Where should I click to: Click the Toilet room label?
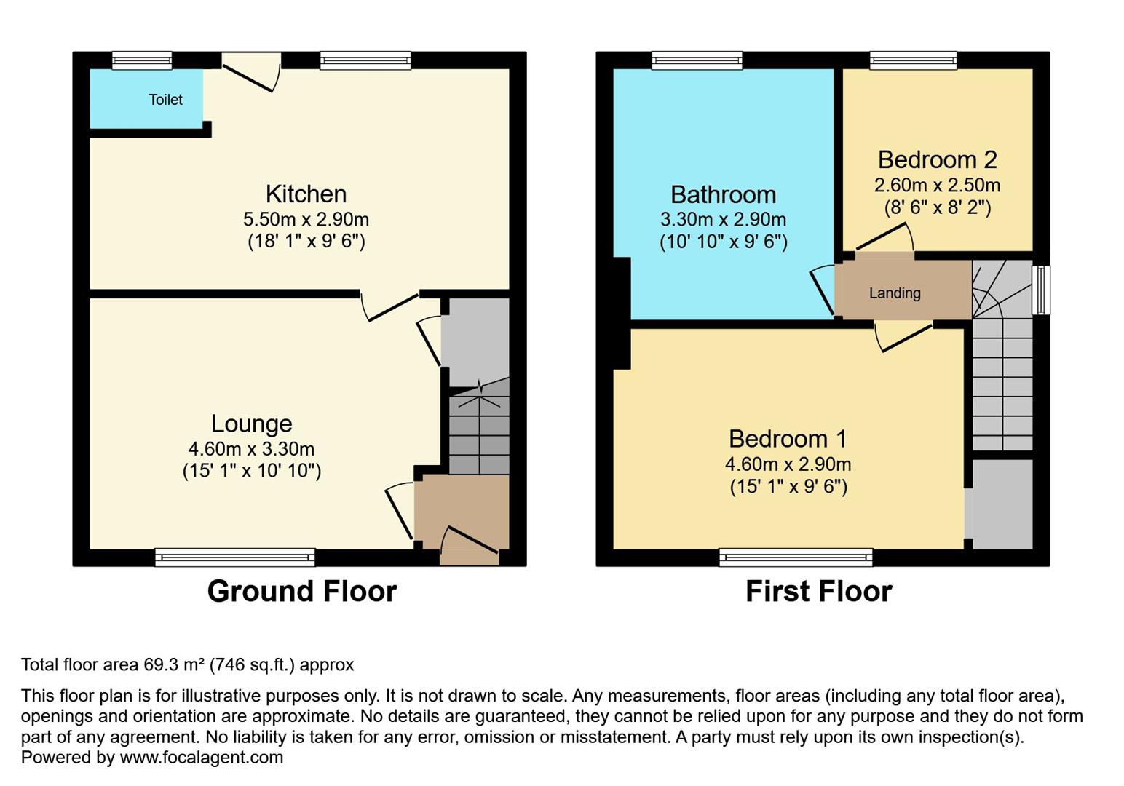[x=165, y=100]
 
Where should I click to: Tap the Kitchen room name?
[x=306, y=194]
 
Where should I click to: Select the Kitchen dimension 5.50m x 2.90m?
[x=306, y=219]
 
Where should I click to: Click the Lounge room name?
[x=251, y=424]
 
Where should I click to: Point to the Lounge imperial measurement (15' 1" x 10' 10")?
[x=251, y=472]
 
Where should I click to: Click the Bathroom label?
[x=723, y=195]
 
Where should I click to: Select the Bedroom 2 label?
[x=937, y=160]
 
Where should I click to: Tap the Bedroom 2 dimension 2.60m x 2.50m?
[x=937, y=185]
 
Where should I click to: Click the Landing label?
[x=895, y=293]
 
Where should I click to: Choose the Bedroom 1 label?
[x=788, y=440]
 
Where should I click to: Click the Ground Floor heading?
[x=302, y=592]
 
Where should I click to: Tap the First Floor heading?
[x=818, y=592]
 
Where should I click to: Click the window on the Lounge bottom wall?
[x=234, y=558]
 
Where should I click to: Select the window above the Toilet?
[x=142, y=60]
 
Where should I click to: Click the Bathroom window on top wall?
[x=697, y=60]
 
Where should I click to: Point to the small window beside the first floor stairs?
[x=1041, y=290]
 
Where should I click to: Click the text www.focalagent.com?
[x=201, y=758]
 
